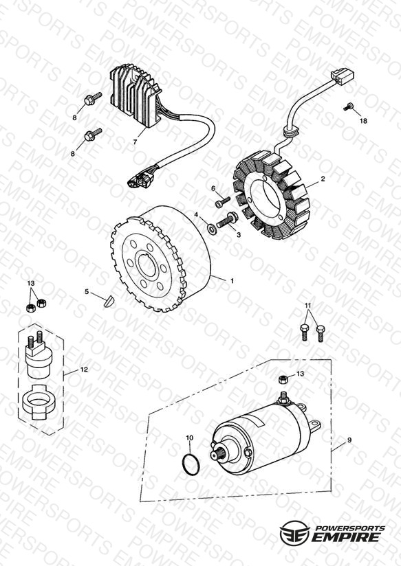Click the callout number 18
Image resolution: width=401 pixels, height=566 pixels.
(363, 121)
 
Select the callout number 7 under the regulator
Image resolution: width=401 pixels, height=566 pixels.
(135, 142)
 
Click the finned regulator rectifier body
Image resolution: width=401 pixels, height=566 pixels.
(136, 97)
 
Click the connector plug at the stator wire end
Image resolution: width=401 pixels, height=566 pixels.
(342, 77)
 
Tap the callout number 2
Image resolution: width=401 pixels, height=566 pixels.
(323, 179)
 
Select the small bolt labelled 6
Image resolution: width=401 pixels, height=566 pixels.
(222, 202)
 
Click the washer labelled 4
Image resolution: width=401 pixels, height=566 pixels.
(210, 228)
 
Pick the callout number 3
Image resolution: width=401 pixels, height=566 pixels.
(238, 235)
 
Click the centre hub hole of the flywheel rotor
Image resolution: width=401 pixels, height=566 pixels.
(147, 266)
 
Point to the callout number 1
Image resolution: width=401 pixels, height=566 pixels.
(232, 280)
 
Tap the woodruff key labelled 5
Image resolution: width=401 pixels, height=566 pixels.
(108, 302)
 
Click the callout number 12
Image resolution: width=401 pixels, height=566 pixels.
(84, 370)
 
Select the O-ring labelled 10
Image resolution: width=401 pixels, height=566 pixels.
(191, 464)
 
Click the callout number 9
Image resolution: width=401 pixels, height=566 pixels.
(349, 440)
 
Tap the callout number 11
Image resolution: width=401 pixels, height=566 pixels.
(307, 306)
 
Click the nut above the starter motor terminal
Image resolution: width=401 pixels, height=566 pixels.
(283, 379)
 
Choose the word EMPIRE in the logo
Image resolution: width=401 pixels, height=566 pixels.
(345, 536)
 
